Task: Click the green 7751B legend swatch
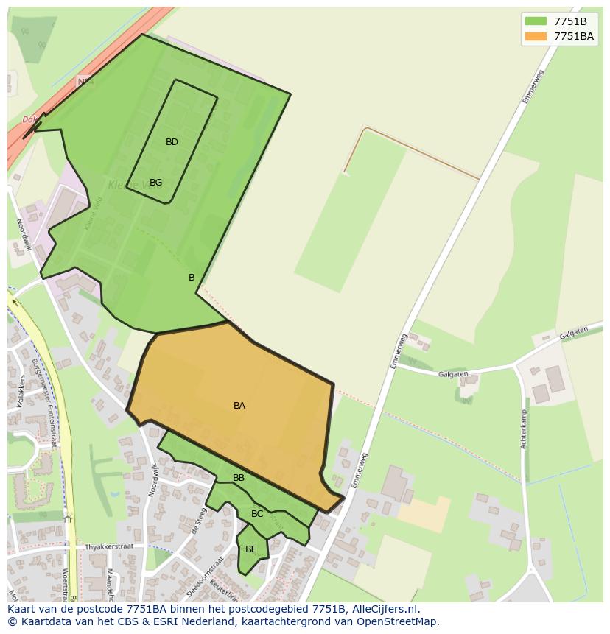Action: coord(536,21)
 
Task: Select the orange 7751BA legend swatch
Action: coord(536,36)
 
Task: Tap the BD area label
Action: coord(172,142)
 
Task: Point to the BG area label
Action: coord(155,183)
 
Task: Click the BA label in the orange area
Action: coord(239,406)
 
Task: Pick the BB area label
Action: coord(239,478)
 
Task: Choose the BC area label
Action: coord(257,514)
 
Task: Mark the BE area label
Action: coord(251,549)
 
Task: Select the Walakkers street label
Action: coord(21,391)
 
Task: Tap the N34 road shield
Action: coord(85,82)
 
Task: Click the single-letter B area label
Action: coord(192,278)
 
